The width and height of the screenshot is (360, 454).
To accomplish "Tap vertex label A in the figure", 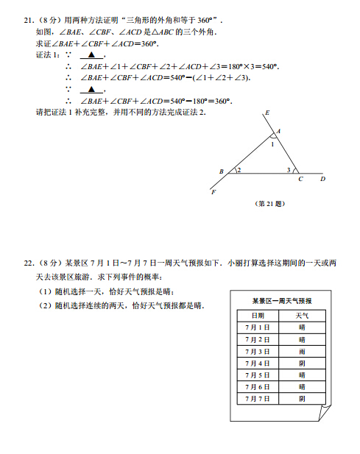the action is (278, 132).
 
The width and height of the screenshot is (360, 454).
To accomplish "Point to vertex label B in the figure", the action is (221, 171).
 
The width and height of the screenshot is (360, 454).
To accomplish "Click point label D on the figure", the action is (322, 179).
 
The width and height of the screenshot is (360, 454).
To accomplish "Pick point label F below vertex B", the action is (213, 192).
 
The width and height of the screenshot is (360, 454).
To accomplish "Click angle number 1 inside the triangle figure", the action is (272, 145).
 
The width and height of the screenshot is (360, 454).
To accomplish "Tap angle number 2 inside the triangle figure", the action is (239, 170).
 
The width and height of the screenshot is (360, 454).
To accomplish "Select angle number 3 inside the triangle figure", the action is (289, 170).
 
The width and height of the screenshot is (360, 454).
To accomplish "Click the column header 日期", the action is (258, 315).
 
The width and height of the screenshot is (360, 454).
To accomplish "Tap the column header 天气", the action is (302, 315).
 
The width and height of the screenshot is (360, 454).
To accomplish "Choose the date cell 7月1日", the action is (258, 327).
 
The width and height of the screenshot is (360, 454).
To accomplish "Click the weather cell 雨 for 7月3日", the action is (302, 351).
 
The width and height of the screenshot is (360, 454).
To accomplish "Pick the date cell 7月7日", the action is (258, 398).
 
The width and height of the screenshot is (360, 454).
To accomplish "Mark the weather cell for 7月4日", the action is (302, 363).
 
